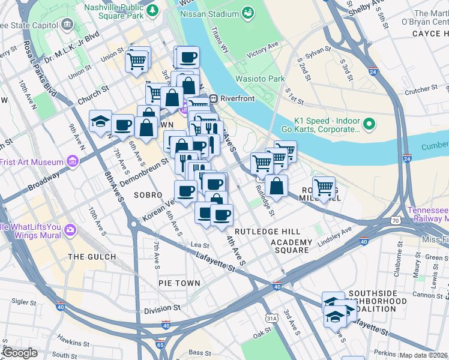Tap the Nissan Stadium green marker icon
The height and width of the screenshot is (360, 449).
[x=248, y=13]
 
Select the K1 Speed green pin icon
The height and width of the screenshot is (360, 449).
[x=369, y=125]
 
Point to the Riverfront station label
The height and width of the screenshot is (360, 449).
[x=238, y=98]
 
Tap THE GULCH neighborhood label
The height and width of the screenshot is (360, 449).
[x=92, y=257]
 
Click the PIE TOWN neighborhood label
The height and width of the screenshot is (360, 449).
[x=179, y=282]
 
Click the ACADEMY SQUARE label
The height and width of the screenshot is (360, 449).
[x=292, y=246]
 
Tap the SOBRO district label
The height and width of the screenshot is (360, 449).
[x=148, y=195]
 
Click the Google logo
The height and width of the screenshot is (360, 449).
[x=20, y=353]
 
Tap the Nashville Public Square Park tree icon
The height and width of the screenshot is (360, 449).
[x=152, y=10]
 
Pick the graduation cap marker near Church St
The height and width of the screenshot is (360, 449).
[x=100, y=122]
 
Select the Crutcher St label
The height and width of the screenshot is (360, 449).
[x=420, y=89]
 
